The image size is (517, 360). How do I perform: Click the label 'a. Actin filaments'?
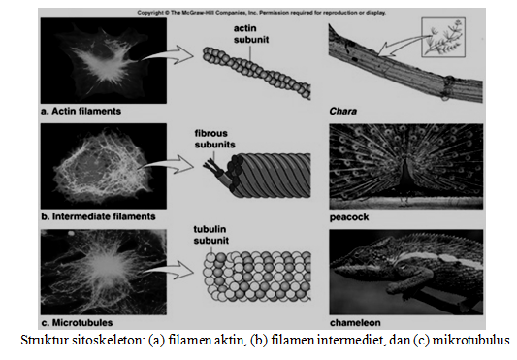tap(82, 111)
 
